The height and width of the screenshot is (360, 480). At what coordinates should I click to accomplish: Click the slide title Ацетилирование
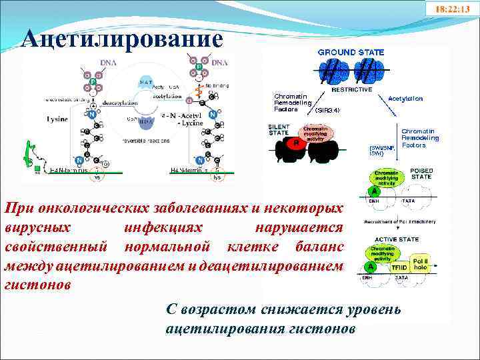tap(122, 39)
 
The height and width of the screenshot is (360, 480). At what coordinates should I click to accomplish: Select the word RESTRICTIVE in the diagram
tap(351, 89)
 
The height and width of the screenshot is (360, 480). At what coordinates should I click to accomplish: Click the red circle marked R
tap(295, 142)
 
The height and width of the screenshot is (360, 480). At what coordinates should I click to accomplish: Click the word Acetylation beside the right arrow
tap(405, 98)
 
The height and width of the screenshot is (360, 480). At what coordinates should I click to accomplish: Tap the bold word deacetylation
tap(120, 103)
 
